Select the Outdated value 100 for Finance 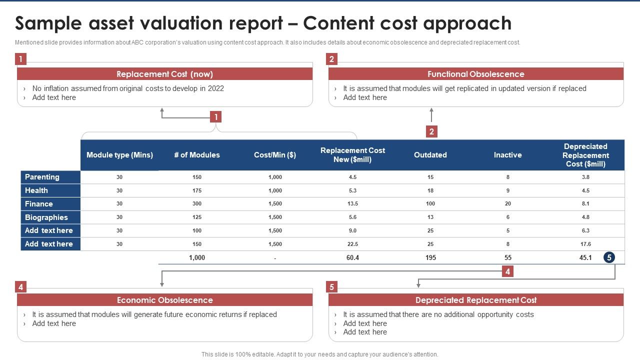(430, 204)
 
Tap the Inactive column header (507, 155)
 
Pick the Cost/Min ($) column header (274, 155)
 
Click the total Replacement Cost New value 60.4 (352, 257)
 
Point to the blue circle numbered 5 (608, 257)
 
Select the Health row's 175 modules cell (197, 190)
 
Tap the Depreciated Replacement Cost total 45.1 (585, 257)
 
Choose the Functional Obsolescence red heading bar (475, 74)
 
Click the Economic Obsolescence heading (164, 300)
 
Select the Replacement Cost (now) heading (164, 74)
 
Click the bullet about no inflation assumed (128, 88)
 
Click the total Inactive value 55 (507, 257)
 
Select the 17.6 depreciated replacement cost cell (585, 244)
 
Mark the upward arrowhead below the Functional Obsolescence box (431, 110)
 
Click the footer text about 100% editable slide (319, 354)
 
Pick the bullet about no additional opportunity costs (438, 314)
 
